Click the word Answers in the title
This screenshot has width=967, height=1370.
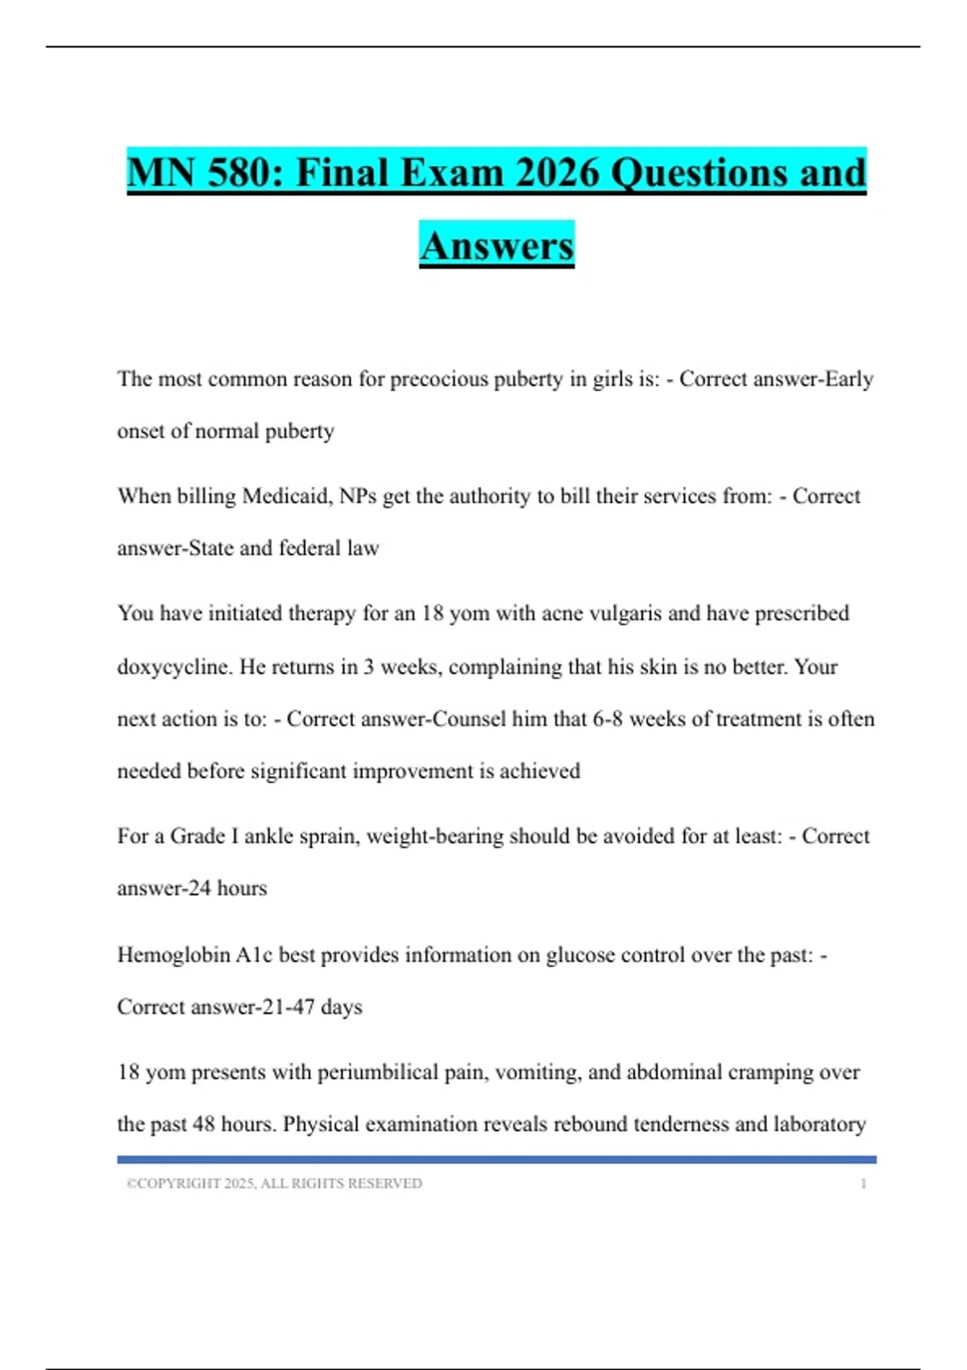pos(496,245)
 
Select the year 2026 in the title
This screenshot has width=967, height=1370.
pos(556,172)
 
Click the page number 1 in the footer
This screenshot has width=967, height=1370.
pos(863,1184)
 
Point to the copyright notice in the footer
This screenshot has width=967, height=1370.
pos(274,1184)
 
